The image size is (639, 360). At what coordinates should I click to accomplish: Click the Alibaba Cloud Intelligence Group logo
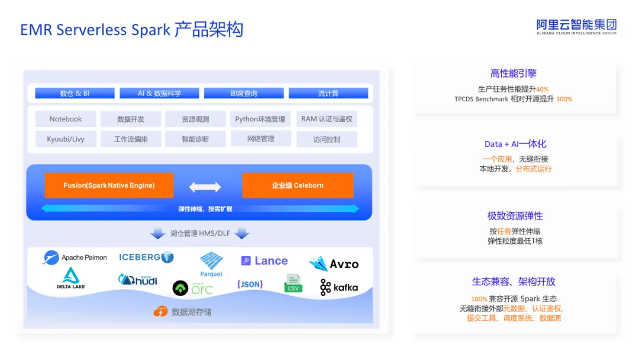click(576, 27)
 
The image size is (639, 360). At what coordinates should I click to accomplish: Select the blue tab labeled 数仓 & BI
click(75, 94)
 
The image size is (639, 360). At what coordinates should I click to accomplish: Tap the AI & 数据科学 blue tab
click(159, 94)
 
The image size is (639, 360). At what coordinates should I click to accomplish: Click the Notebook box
click(66, 119)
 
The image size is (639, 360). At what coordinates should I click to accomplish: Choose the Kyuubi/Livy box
click(66, 139)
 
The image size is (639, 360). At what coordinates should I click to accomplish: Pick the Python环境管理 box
click(260, 119)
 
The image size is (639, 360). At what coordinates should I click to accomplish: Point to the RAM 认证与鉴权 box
click(327, 119)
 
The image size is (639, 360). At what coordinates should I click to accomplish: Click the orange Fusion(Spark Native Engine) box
click(109, 185)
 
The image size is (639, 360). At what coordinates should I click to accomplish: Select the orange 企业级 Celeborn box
click(298, 185)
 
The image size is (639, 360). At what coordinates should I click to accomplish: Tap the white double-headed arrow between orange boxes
click(205, 187)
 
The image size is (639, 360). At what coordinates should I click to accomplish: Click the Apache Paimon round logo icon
click(51, 258)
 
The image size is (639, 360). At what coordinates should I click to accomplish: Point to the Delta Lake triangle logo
click(71, 275)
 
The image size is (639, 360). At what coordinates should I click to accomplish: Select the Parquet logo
click(211, 265)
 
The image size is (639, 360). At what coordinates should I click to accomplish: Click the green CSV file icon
click(293, 284)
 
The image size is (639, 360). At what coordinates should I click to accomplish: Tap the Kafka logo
click(339, 287)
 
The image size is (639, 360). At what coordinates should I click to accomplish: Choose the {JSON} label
click(250, 284)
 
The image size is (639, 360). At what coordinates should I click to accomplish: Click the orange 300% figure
click(564, 99)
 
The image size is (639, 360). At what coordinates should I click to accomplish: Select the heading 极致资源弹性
click(515, 216)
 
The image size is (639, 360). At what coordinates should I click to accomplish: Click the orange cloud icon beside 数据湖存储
click(160, 311)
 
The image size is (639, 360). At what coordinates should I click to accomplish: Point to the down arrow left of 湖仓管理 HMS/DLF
click(158, 233)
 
